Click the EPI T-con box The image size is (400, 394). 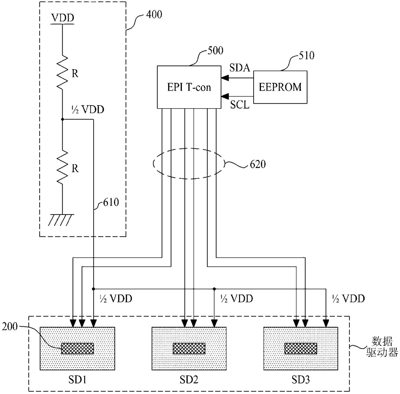point(189,87)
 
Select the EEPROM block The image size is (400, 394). point(280,87)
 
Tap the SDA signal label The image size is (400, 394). point(240,68)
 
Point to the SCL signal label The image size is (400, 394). point(240,105)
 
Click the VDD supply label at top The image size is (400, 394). point(63,18)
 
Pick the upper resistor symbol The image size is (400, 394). point(63,72)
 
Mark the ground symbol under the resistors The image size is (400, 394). point(61,220)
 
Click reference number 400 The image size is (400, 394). point(154,14)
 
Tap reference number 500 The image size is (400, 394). point(215,50)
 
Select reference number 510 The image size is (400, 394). point(306,55)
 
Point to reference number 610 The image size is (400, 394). point(111,202)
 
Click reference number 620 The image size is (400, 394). point(258,164)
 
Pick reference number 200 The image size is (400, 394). point(10,327)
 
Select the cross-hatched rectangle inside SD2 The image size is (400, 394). point(189,348)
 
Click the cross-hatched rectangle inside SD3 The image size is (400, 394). point(301,348)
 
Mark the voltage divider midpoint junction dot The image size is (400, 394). point(63,120)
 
